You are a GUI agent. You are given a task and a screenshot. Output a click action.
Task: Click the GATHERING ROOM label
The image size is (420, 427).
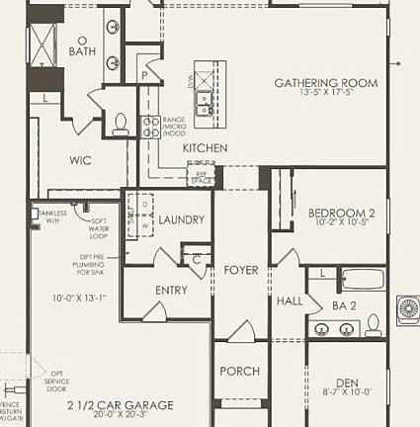pos(325,83)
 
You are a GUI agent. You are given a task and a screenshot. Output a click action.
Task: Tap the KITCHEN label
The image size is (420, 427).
pos(205,148)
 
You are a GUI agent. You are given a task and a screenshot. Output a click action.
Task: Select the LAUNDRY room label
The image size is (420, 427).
pos(181,219)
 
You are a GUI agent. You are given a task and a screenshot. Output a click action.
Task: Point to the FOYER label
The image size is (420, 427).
pos(240,269)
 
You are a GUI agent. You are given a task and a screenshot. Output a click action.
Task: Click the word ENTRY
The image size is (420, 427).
pos(171,290)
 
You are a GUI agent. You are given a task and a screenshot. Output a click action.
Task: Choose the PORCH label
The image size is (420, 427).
pos(239,371)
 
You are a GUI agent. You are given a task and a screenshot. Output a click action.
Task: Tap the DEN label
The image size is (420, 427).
pos(346,382)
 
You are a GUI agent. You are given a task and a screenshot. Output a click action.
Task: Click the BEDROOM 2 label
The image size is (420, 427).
pos(341,213)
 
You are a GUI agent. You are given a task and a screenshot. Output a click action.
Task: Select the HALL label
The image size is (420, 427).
pos(290,300)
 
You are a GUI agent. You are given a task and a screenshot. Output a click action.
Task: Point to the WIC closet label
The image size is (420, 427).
pos(80,159)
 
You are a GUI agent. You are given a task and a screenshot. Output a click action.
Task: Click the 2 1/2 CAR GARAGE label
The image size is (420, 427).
pos(120,405)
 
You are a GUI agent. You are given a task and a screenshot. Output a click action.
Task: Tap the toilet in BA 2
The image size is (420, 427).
pos(373,324)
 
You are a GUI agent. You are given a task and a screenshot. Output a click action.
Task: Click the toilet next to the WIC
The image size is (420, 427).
pos(121,123)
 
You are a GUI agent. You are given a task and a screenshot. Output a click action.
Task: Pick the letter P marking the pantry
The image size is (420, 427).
pos(143,74)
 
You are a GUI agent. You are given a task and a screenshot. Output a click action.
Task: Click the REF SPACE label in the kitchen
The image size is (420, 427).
pos(202,178)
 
